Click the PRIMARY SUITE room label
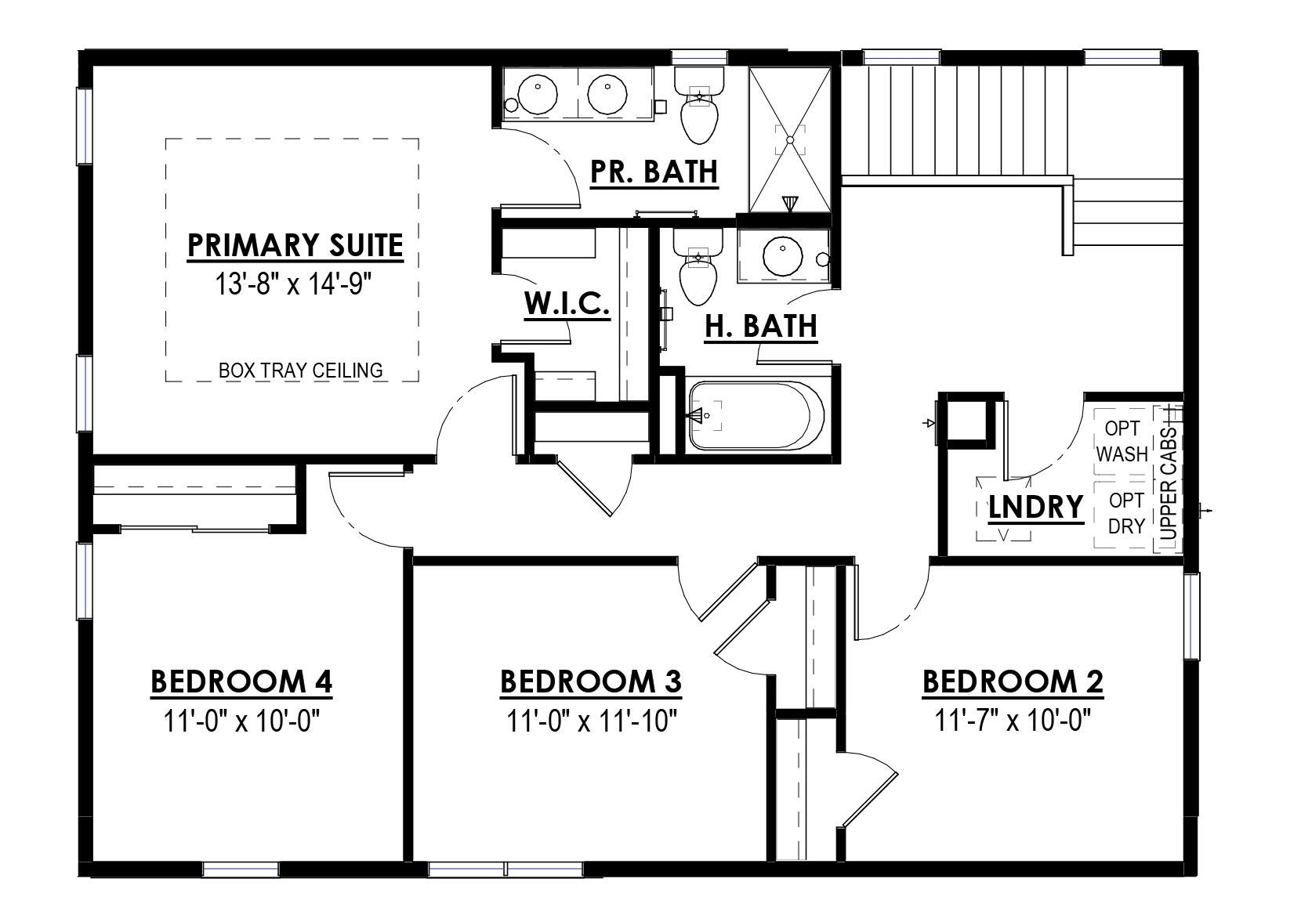pyautogui.click(x=295, y=246)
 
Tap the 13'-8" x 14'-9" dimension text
pyautogui.click(x=293, y=284)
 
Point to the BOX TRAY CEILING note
pyautogui.click(x=300, y=371)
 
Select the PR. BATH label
pyautogui.click(x=654, y=172)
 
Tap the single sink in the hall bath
pyautogui.click(x=782, y=256)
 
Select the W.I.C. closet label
pyautogui.click(x=567, y=303)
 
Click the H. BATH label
pyautogui.click(x=761, y=327)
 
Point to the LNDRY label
pyautogui.click(x=1035, y=507)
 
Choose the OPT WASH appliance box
pyautogui.click(x=1121, y=441)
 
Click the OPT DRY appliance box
pyautogui.click(x=1122, y=514)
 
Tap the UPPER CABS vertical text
pyautogui.click(x=1168, y=483)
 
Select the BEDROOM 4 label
pyautogui.click(x=241, y=681)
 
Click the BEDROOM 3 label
pyautogui.click(x=591, y=681)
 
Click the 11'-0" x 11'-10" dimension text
pyautogui.click(x=592, y=721)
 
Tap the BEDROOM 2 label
pyautogui.click(x=1013, y=681)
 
